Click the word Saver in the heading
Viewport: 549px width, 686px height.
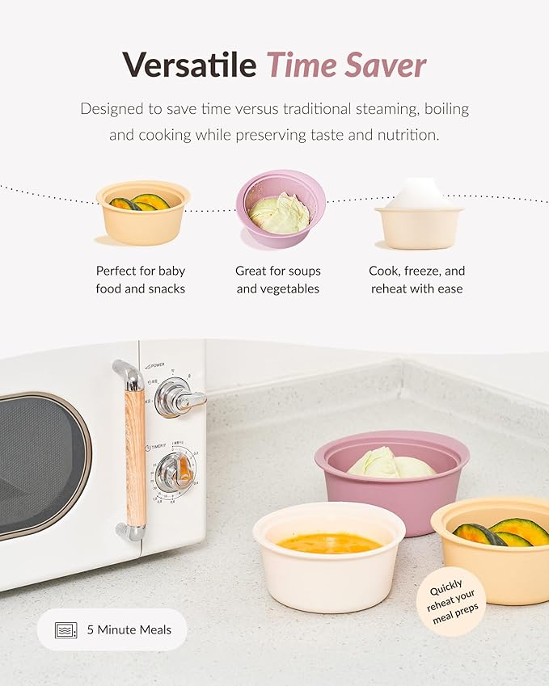coord(391,65)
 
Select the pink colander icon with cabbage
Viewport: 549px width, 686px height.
coord(280,208)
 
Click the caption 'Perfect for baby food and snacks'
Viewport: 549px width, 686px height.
coord(141,280)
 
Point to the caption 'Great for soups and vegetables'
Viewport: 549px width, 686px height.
coord(277,280)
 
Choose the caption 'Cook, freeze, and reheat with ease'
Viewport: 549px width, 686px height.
coord(417,280)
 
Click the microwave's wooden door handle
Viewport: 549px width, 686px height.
coord(135,452)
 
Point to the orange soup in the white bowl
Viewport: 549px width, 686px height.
coord(330,543)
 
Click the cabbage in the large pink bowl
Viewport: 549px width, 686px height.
coord(391,464)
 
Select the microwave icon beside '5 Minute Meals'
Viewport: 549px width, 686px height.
coord(66,629)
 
